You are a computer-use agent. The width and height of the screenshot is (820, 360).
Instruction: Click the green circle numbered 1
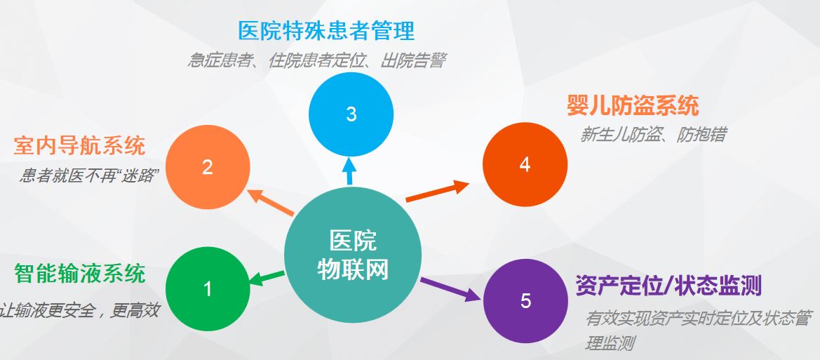pyautogui.click(x=208, y=289)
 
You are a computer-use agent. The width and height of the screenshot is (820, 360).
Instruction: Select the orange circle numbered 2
pyautogui.click(x=208, y=168)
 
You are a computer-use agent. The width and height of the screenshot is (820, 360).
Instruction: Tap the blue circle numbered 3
pyautogui.click(x=351, y=114)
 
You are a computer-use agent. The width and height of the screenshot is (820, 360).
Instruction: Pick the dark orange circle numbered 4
pyautogui.click(x=525, y=165)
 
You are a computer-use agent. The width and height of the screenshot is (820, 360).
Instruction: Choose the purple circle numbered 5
pyautogui.click(x=525, y=301)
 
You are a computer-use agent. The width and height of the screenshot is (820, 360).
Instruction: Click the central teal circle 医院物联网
pyautogui.click(x=352, y=255)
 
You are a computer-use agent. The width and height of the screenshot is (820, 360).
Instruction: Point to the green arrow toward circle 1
pyautogui.click(x=267, y=278)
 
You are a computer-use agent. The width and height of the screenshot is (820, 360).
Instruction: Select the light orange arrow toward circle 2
pyautogui.click(x=271, y=202)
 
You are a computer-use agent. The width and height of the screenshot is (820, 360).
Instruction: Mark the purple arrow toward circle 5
pyautogui.click(x=451, y=289)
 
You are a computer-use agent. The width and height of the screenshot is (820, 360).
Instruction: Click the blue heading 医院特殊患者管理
pyautogui.click(x=326, y=31)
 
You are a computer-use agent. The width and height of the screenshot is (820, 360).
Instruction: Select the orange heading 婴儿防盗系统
pyautogui.click(x=633, y=105)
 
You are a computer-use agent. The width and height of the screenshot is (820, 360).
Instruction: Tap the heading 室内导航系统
pyautogui.click(x=79, y=145)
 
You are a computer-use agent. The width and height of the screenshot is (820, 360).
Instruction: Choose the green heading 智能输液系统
pyautogui.click(x=79, y=274)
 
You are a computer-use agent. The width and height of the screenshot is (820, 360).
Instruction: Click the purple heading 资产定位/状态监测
pyautogui.click(x=668, y=286)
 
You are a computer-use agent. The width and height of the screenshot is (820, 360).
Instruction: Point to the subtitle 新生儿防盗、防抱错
pyautogui.click(x=652, y=135)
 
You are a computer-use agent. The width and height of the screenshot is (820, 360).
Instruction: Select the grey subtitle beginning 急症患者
pyautogui.click(x=316, y=60)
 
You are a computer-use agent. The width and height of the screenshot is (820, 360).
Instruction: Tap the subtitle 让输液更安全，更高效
pyautogui.click(x=79, y=310)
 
